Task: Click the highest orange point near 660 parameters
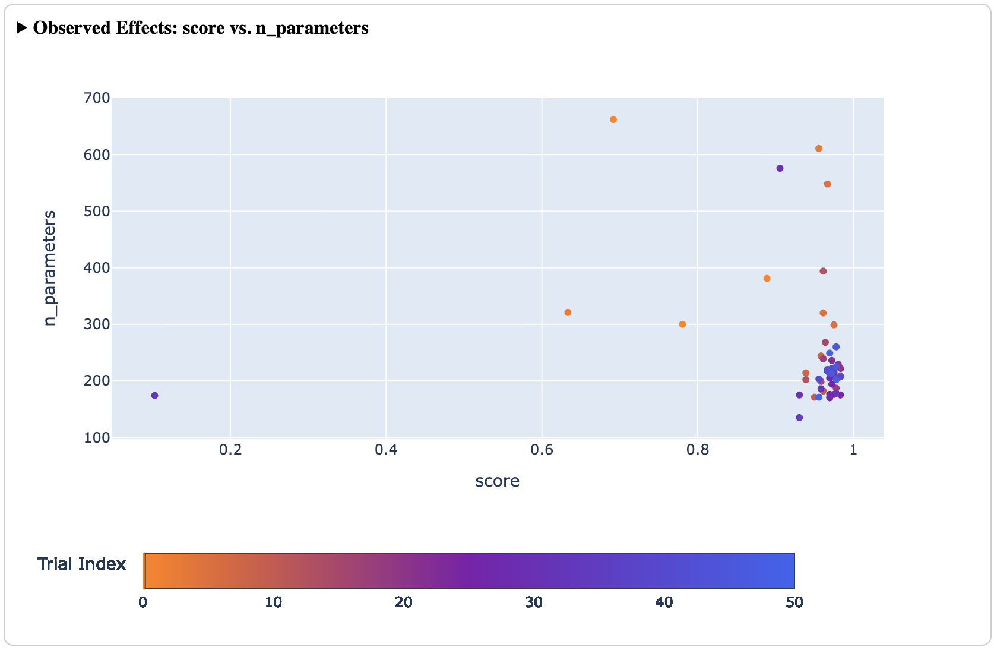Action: point(613,119)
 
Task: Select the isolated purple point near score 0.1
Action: point(154,396)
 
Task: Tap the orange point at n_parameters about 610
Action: point(819,149)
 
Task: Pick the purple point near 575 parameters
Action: point(780,168)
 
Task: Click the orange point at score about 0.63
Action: point(568,313)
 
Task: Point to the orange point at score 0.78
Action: point(682,324)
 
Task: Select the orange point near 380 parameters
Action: point(767,279)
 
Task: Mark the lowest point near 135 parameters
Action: point(799,418)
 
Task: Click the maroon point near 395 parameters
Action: point(823,272)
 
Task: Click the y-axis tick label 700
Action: point(97,98)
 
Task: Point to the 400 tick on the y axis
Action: point(97,268)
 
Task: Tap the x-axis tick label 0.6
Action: point(542,450)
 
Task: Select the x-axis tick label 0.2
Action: point(230,450)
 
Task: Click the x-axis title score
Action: point(497,481)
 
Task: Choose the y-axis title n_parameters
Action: point(50,267)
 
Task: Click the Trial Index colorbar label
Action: point(82,564)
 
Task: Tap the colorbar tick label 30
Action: point(534,603)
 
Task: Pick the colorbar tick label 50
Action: point(794,603)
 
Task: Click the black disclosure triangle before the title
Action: point(22,28)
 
